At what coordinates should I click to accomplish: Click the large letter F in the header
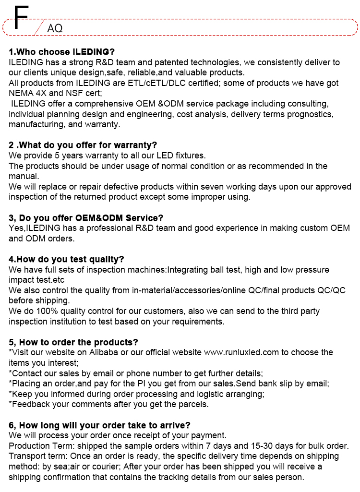click(x=21, y=18)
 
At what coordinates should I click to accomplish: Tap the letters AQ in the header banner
click(x=55, y=28)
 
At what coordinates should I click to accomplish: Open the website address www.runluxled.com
click(x=241, y=352)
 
